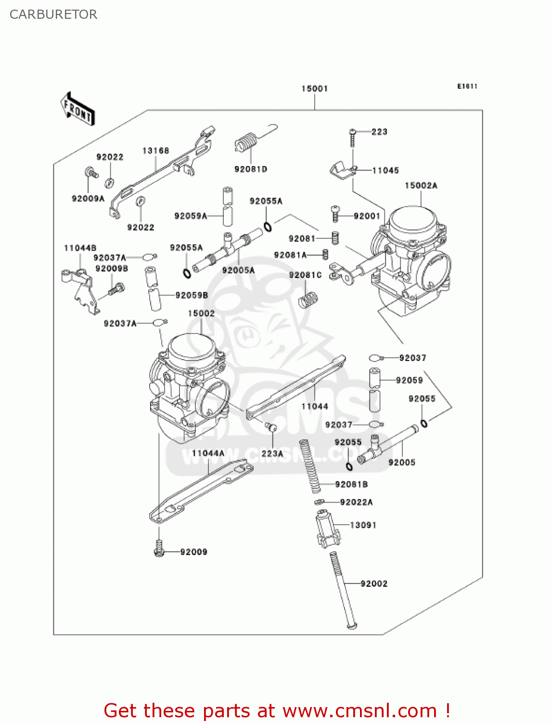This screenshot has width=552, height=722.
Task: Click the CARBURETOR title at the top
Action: click(53, 14)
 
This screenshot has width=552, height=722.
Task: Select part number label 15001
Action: click(315, 89)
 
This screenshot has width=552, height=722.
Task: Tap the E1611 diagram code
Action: click(467, 86)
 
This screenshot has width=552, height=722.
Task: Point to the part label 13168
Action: click(155, 151)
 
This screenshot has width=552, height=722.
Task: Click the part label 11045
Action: click(385, 170)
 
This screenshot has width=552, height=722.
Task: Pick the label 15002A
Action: click(421, 185)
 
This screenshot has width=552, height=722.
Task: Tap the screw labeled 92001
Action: click(335, 213)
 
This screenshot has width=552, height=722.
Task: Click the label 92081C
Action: click(305, 275)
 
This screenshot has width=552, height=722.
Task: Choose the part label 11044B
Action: click(80, 248)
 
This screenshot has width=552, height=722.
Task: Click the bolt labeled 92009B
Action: click(116, 289)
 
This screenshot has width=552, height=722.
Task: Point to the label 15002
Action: click(201, 313)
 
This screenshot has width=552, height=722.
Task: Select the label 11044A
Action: click(208, 453)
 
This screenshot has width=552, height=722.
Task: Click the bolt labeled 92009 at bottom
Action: click(159, 548)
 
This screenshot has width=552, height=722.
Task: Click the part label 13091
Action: click(363, 525)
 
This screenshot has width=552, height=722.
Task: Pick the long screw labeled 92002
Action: click(343, 590)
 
